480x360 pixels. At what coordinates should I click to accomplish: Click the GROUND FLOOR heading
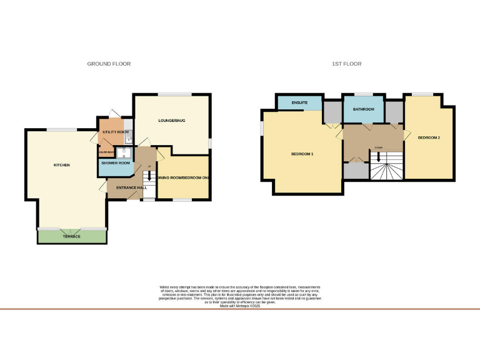pos(109,64)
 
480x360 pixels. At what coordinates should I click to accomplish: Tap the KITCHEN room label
pos(61,165)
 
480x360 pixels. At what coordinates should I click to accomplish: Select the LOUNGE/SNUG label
pos(172,120)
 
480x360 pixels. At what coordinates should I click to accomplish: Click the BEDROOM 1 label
pos(302,154)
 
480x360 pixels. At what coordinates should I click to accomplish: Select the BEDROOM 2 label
pos(429,137)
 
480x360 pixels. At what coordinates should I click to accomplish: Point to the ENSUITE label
pos(299,102)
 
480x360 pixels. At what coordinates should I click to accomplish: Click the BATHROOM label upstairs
pos(363,109)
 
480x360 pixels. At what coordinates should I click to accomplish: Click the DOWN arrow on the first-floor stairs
pos(379,159)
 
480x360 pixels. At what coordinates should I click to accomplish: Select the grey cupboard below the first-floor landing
pos(356,171)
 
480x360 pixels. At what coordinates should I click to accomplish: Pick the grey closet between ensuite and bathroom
pos(332,111)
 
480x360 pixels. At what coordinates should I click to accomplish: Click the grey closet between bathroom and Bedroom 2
pos(394,111)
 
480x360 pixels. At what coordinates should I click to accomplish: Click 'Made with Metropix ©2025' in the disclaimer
pos(240,306)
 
